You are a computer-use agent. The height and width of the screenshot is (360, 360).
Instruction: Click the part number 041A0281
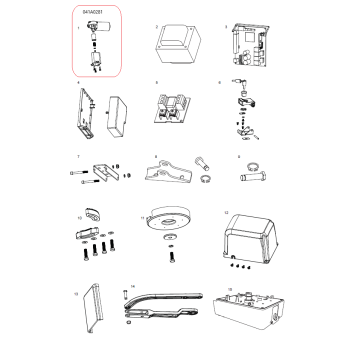tap(92, 12)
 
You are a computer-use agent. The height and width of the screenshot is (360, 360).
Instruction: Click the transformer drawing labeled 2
tap(178, 44)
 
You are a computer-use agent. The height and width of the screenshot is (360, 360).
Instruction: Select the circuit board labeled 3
tap(250, 44)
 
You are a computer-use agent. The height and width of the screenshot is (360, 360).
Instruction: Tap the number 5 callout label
tap(157, 82)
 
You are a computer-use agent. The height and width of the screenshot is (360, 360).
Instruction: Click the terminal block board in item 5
tap(172, 108)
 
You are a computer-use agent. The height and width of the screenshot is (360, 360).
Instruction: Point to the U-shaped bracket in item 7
tap(106, 172)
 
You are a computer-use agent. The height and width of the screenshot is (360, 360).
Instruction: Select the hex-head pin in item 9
tap(253, 176)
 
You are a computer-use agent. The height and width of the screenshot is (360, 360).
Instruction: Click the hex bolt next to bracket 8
tap(202, 163)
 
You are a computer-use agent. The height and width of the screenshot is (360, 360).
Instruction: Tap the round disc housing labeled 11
tap(168, 217)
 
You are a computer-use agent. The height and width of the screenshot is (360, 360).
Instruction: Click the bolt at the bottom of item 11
tap(172, 257)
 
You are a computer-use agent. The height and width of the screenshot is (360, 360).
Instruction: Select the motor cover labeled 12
tap(250, 239)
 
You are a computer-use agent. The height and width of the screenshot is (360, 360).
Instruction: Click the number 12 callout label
tap(226, 213)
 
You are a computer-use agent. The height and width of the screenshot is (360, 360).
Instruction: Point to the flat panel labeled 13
tap(93, 308)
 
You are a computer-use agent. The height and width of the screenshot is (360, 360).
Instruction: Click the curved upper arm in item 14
tap(160, 299)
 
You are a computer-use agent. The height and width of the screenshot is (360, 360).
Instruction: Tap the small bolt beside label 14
tap(125, 294)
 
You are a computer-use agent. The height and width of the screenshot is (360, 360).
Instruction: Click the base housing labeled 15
tap(249, 310)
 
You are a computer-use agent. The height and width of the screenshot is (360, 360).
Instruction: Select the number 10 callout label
tap(79, 218)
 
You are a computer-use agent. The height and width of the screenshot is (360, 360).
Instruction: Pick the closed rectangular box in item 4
tap(117, 116)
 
